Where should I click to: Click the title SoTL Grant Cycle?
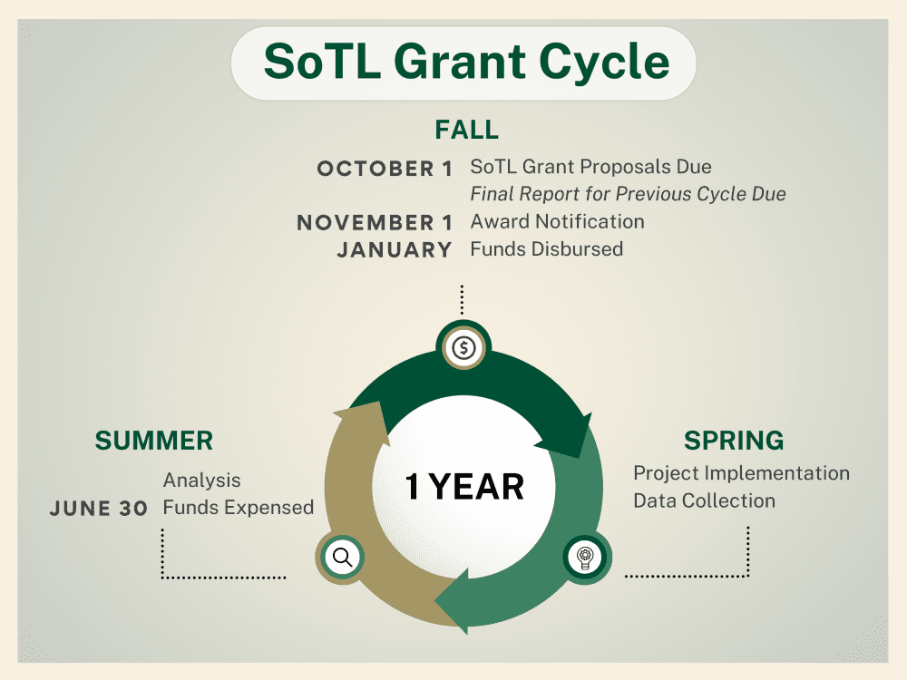pos(466,62)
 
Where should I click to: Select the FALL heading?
pos(466,130)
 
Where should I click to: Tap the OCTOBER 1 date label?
pos(384,169)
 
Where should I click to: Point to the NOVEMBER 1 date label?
pos(375,222)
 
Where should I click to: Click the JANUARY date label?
pos(394,250)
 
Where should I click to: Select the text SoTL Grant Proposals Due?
pos(590,167)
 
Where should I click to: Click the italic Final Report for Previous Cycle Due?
pos(628,194)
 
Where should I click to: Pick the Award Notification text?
pos(557,221)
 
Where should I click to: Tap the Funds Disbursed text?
pos(546,249)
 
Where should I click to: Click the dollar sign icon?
pos(463,348)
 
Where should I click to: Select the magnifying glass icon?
pos(343,558)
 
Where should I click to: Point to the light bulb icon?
pos(585,558)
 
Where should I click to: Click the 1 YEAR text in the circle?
pos(463,486)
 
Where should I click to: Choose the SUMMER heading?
pos(154,441)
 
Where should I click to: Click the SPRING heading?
pos(734,441)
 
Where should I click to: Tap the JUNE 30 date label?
pos(98,509)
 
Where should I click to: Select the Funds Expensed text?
pos(238,508)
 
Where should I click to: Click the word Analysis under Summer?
pos(201,481)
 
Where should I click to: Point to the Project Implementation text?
pos(741,473)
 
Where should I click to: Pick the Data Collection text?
pos(704,500)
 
